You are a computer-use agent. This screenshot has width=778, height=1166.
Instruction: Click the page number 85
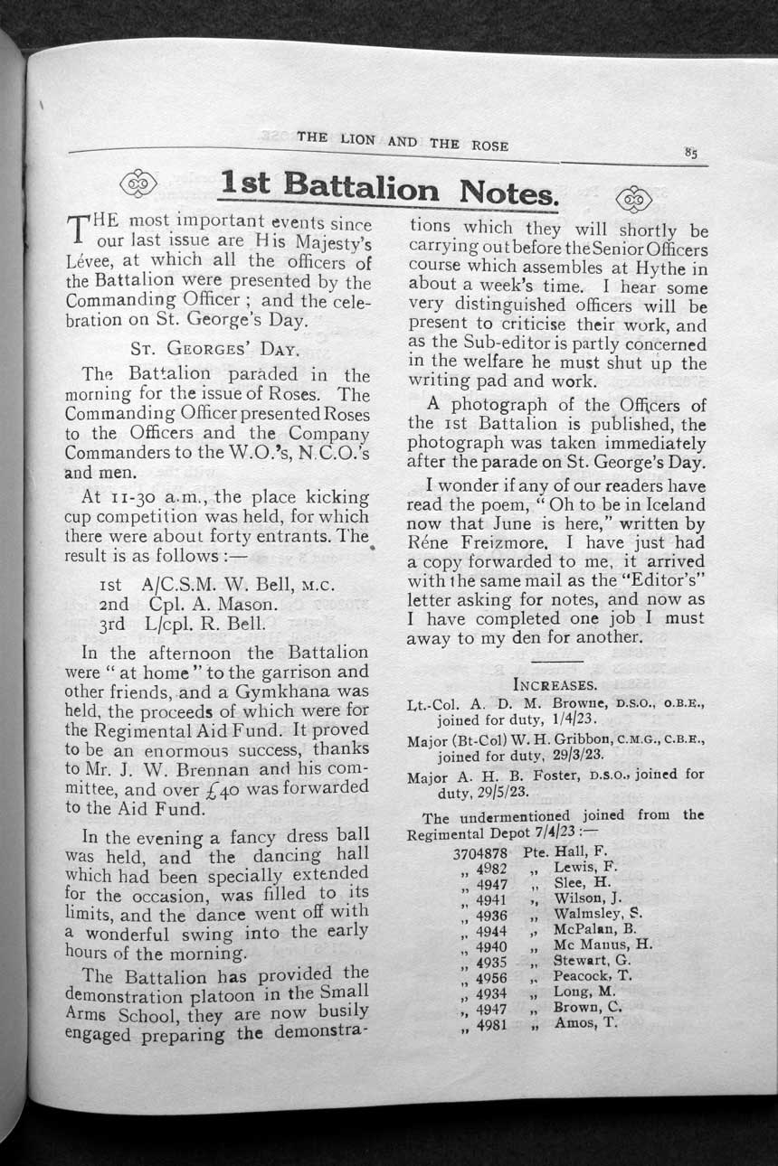(x=691, y=154)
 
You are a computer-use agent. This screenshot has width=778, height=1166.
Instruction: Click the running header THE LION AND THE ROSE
(x=402, y=142)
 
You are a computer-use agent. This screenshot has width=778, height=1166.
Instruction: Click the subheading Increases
(x=555, y=684)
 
